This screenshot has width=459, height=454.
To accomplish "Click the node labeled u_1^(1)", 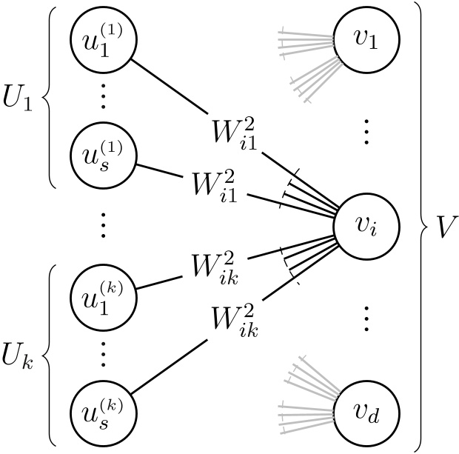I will click(x=101, y=43).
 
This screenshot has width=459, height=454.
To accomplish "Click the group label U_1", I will click(x=19, y=99).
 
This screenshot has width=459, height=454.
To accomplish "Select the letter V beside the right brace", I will click(x=444, y=227).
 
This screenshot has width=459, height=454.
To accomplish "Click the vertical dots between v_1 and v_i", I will click(x=366, y=133).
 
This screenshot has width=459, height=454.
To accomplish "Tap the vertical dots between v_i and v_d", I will click(x=366, y=318).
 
